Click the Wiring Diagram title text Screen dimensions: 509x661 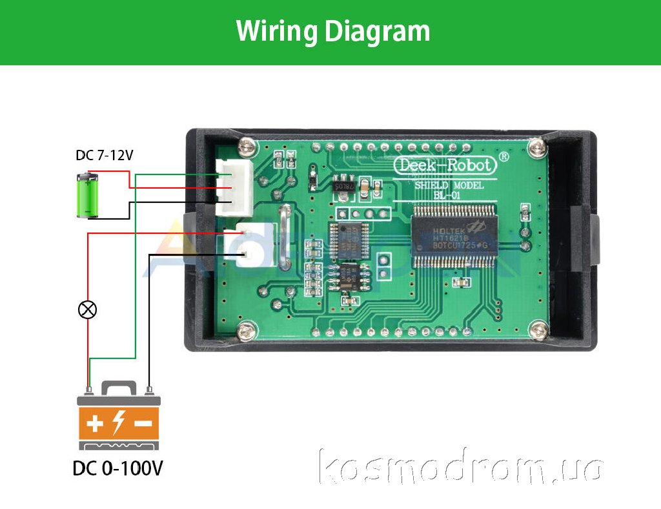tap(333, 31)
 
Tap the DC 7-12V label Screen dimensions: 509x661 tap(105, 156)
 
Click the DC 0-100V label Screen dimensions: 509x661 tap(117, 468)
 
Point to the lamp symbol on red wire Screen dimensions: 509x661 tap(87, 310)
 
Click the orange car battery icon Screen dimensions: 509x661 tap(119, 417)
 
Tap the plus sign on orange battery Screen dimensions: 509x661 tap(95, 424)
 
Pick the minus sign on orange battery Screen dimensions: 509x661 tap(143, 424)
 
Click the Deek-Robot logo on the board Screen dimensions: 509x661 tap(445, 165)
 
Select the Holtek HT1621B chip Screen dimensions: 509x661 tap(454, 236)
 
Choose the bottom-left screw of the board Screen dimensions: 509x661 tap(245, 333)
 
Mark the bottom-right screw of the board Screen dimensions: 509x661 tap(536, 331)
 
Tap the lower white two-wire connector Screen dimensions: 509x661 tap(252, 245)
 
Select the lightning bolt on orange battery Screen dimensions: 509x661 tap(119, 423)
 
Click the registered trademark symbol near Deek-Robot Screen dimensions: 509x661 tap(504, 157)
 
